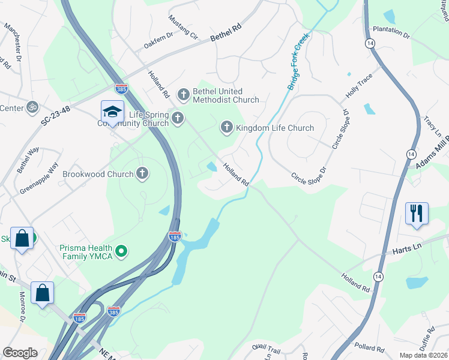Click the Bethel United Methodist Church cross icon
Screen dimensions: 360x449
click(184, 94)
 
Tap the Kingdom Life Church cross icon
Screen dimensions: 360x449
click(227, 127)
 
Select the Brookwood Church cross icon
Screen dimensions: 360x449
click(142, 173)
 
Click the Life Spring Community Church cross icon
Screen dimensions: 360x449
click(177, 118)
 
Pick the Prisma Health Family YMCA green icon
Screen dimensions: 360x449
click(121, 251)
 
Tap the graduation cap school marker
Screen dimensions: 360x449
click(112, 112)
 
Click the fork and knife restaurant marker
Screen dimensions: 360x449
click(417, 213)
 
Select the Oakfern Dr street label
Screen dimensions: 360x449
click(158, 40)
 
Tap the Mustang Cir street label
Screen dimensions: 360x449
click(184, 27)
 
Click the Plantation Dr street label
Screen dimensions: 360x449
click(391, 32)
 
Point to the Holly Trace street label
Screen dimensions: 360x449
click(359, 86)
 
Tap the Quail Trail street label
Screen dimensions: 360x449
click(267, 349)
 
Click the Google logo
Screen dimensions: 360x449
click(20, 353)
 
